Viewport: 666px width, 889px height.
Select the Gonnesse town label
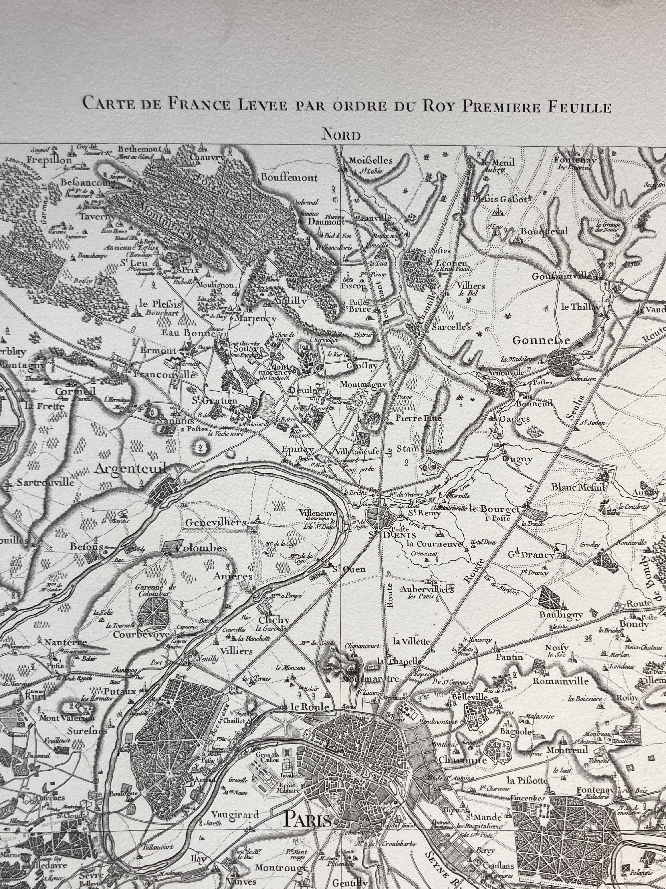(541, 340)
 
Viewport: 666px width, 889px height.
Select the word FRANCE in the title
(198, 104)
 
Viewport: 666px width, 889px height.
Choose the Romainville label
(560, 681)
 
